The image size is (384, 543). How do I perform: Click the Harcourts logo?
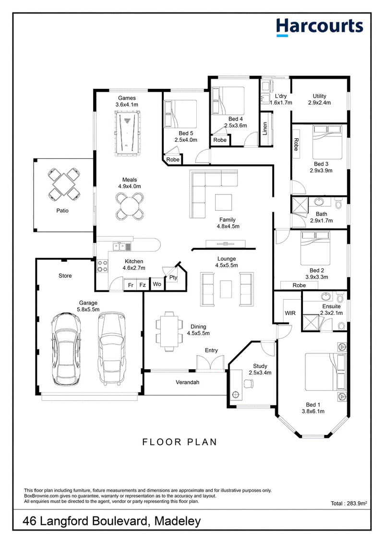[319, 27]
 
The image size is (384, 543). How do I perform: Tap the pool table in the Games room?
[128, 132]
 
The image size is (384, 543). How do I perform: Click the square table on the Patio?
[63, 184]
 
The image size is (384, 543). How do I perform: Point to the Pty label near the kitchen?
[173, 278]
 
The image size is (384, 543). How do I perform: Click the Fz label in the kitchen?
[142, 285]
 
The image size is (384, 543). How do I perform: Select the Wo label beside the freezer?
[157, 284]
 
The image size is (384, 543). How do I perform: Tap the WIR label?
[290, 313]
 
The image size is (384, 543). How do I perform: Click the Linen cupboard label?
[265, 129]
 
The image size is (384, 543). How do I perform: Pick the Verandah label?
[187, 382]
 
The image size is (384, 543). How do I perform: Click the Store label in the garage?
[65, 276]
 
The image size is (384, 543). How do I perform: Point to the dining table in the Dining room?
[169, 331]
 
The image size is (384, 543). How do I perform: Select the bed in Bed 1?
[325, 372]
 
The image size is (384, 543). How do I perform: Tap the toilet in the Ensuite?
[342, 325]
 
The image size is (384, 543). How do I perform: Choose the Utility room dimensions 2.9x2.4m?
[319, 103]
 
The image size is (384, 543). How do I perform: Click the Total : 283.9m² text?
[348, 503]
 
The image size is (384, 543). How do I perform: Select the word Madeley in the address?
[178, 521]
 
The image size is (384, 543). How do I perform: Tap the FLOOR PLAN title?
[180, 442]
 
